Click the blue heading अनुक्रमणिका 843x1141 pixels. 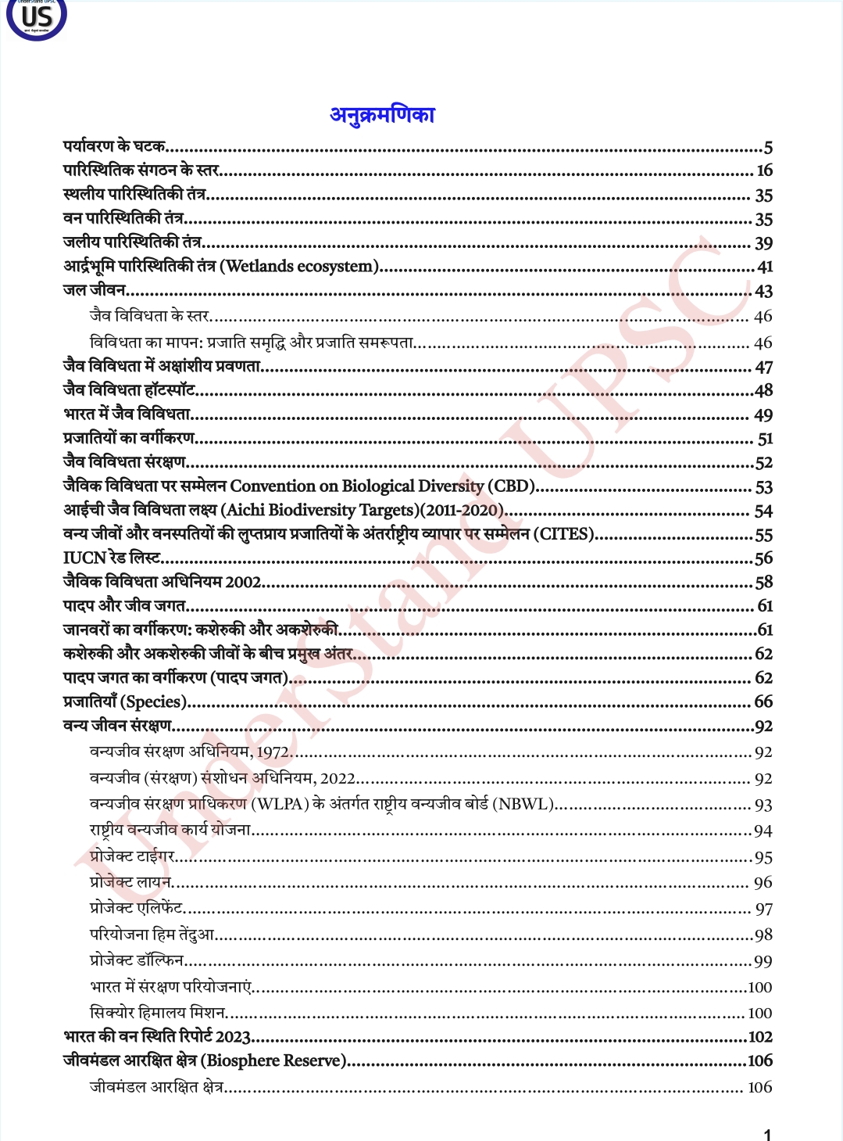click(x=382, y=115)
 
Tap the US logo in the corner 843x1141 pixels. click(x=36, y=18)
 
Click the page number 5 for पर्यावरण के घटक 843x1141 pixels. click(x=768, y=148)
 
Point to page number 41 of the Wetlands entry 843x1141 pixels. click(x=765, y=267)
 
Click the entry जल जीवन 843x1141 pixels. click(x=95, y=290)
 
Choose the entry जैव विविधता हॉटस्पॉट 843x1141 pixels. click(x=129, y=389)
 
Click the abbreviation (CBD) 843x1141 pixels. click(x=511, y=486)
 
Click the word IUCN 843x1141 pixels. click(x=84, y=558)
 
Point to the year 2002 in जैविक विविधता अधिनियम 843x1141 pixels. click(x=243, y=583)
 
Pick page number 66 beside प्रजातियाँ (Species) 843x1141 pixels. click(x=763, y=701)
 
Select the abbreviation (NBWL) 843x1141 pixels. click(x=523, y=804)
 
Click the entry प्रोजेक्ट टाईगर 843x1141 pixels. click(x=132, y=856)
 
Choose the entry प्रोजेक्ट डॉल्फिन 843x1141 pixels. click(x=137, y=960)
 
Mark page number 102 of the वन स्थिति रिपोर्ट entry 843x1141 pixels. click(x=760, y=1037)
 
